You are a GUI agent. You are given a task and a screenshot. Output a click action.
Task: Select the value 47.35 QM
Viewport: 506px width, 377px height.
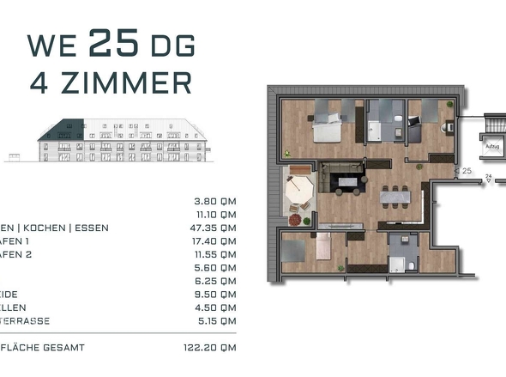click(214, 228)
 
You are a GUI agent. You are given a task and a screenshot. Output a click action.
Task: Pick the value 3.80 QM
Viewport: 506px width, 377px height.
click(215, 202)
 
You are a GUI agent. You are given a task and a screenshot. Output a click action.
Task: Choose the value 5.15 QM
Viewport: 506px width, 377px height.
click(215, 320)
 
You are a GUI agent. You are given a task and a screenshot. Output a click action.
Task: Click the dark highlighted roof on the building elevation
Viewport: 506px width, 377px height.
click(63, 130)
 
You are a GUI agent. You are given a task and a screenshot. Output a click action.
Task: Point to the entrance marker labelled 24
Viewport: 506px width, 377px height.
click(488, 178)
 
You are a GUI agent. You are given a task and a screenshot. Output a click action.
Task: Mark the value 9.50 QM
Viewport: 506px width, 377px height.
click(215, 295)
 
